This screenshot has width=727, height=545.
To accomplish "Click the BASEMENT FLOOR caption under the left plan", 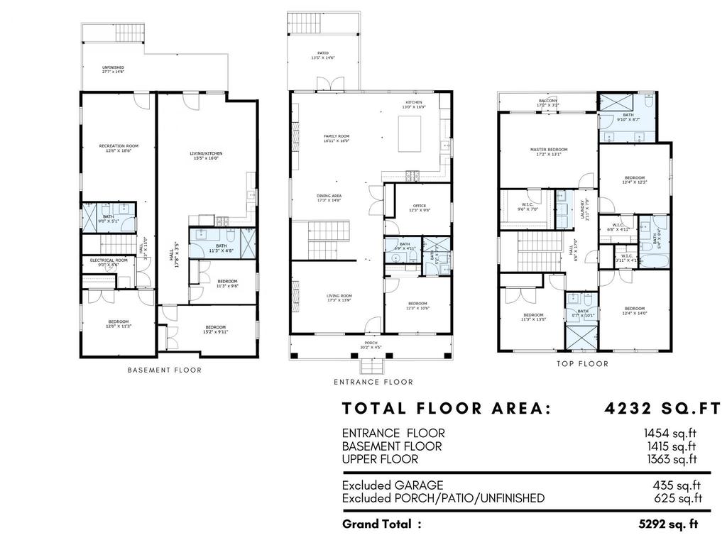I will coord(164,370).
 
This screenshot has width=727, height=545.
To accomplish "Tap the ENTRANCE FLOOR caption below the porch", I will coord(373,382).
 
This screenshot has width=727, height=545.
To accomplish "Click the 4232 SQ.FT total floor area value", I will coord(662,409).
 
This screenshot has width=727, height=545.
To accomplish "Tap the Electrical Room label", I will coord(109,261).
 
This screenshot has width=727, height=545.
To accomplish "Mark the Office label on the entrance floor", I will coord(419,207).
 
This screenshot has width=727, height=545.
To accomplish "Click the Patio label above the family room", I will coord(322,54).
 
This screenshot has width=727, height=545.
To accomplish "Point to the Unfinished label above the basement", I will coord(113,68).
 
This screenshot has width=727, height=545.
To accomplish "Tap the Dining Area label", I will coord(329,197).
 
